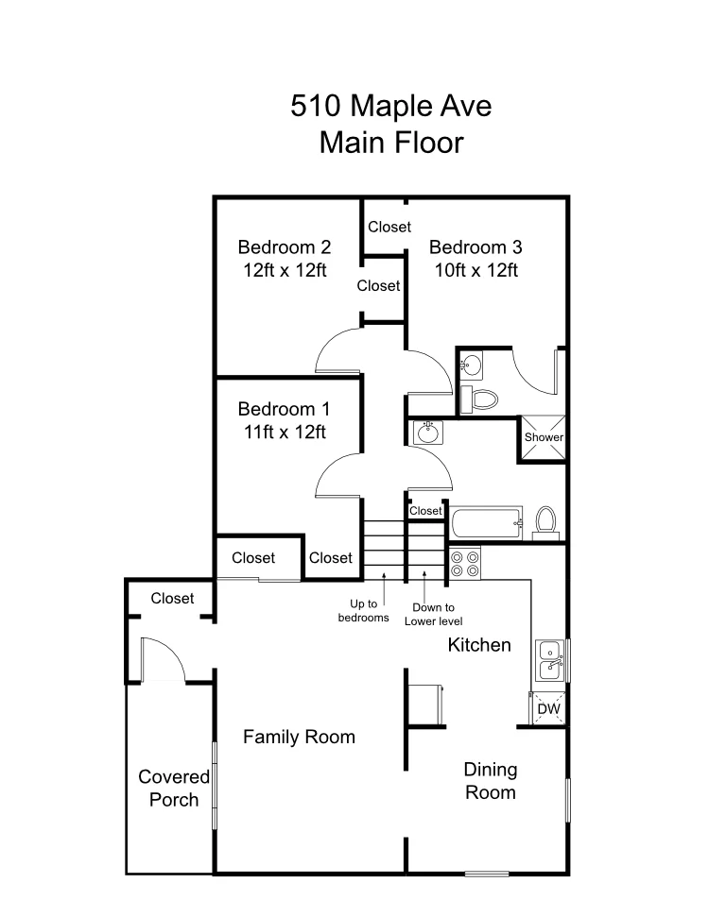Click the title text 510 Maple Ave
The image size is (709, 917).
tap(390, 106)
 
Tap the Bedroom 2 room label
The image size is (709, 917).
tap(284, 247)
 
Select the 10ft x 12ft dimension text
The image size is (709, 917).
tap(476, 270)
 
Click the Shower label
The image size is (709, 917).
tap(544, 437)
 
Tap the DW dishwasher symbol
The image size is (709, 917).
tap(547, 708)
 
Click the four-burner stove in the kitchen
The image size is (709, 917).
tap(465, 563)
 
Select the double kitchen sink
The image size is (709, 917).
tap(549, 659)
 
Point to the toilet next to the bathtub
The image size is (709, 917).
tap(545, 519)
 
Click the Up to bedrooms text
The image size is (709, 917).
tap(364, 610)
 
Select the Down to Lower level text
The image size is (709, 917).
tap(433, 614)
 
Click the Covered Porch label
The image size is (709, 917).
tap(173, 788)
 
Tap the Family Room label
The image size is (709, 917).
tap(299, 737)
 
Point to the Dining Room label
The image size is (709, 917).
tap(490, 781)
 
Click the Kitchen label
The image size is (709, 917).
tap(479, 645)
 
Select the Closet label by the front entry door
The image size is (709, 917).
tap(172, 598)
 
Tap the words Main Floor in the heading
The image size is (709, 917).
tap(390, 143)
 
